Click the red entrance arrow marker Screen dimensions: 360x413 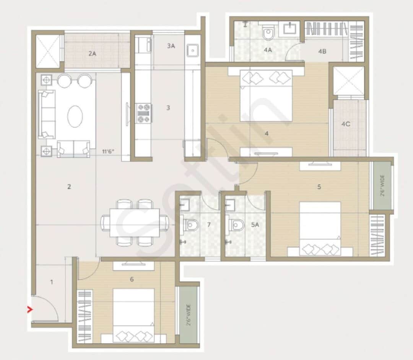[x=29, y=310]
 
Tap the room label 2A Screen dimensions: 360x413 [x=92, y=54]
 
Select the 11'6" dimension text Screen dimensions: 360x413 [x=108, y=151]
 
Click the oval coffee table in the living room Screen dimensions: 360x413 [x=75, y=116]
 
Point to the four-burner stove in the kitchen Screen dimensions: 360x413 [x=144, y=113]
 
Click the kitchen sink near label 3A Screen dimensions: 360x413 [x=192, y=50]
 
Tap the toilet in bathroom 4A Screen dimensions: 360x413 [x=269, y=33]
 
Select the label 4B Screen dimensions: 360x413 [x=322, y=50]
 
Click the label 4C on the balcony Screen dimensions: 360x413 [x=346, y=124]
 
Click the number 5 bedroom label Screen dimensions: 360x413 [x=319, y=187]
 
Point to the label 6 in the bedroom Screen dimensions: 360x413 [x=132, y=280]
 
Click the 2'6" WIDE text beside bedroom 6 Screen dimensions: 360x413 [x=188, y=314]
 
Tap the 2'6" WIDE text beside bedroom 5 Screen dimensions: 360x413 [x=382, y=186]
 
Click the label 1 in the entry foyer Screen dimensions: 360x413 [x=52, y=282]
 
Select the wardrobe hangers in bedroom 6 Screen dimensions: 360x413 [x=85, y=316]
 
